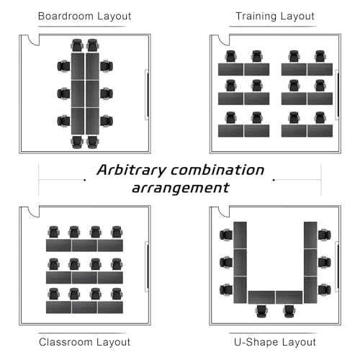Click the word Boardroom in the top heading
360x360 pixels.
65,16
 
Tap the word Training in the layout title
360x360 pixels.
256,16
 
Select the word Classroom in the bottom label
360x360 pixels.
64,342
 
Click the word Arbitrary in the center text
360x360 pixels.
132,170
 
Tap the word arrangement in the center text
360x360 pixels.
181,188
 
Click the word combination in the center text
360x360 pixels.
217,170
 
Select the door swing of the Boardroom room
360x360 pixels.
33,41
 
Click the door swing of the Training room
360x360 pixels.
224,41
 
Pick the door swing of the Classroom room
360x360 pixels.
33,212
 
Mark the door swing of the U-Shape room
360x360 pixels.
224,212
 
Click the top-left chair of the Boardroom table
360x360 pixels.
77,45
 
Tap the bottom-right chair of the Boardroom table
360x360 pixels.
92,142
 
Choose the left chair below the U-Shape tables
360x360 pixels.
261,311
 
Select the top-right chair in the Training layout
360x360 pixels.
320,57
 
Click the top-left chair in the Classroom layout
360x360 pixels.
53,233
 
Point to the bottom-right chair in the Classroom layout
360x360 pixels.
117,294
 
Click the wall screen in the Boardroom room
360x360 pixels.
147,95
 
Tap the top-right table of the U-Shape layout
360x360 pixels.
310,235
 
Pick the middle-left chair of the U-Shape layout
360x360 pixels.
226,262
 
